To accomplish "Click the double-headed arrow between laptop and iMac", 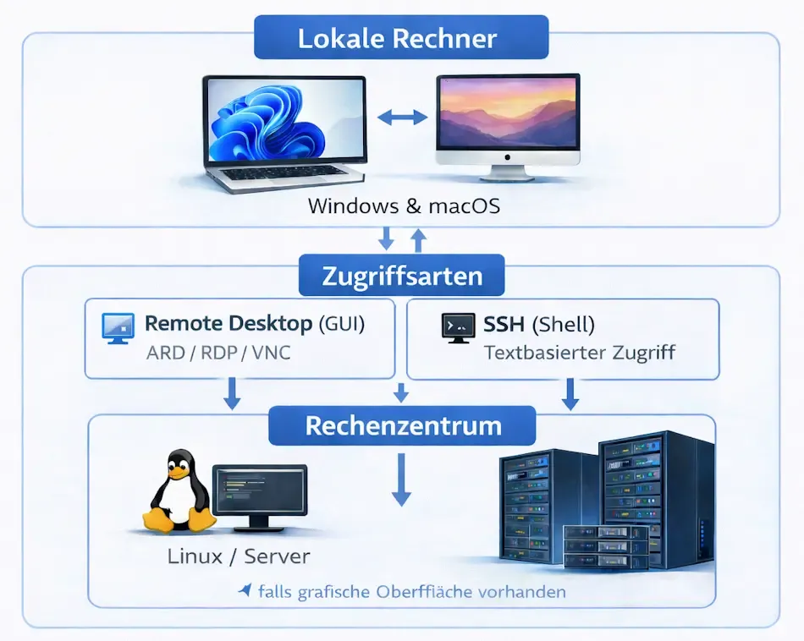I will [402, 118].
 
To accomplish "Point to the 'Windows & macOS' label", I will [402, 205].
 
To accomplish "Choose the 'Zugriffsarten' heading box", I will [401, 276].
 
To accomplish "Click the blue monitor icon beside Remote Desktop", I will [117, 326].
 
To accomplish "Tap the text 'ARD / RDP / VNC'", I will [218, 353].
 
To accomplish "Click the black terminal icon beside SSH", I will [457, 327].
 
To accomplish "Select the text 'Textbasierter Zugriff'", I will [579, 353].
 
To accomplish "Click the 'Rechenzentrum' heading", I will [402, 425].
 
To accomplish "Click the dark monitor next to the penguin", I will [260, 497].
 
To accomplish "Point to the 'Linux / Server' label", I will [239, 556].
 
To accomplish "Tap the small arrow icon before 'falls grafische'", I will [245, 590].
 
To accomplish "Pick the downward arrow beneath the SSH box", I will [571, 393].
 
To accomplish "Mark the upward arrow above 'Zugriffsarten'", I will [417, 240].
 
